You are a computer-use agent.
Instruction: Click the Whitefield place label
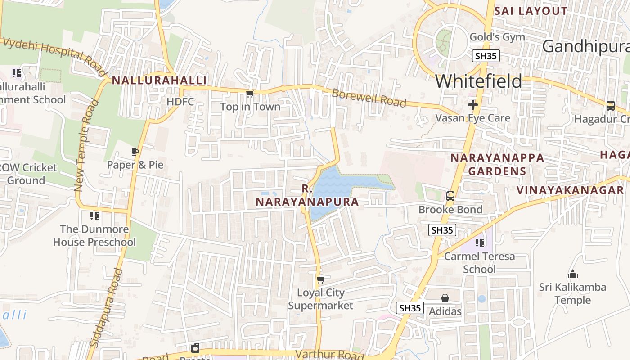[x=478, y=81]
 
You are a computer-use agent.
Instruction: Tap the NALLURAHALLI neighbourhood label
[x=159, y=81]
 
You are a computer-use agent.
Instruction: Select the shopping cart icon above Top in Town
[x=250, y=94]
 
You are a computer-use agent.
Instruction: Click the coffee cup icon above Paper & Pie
[x=135, y=152]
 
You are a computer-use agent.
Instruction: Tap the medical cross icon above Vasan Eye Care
[x=472, y=105]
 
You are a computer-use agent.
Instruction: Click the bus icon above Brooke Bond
[x=450, y=196]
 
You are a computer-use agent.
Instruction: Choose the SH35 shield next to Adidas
[x=410, y=308]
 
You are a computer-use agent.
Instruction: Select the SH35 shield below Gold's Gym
[x=486, y=56]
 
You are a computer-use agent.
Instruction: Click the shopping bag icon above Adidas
[x=445, y=298]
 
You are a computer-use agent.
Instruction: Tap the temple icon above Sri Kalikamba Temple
[x=573, y=274]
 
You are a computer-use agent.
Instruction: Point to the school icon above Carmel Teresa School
[x=480, y=243]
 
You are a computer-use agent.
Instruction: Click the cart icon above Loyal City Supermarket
[x=320, y=279]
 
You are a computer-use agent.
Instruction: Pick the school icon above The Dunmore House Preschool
[x=94, y=216]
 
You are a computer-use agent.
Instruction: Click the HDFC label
[x=180, y=102]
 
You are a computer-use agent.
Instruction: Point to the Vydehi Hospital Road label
[x=54, y=56]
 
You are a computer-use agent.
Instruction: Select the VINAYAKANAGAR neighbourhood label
[x=570, y=190]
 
